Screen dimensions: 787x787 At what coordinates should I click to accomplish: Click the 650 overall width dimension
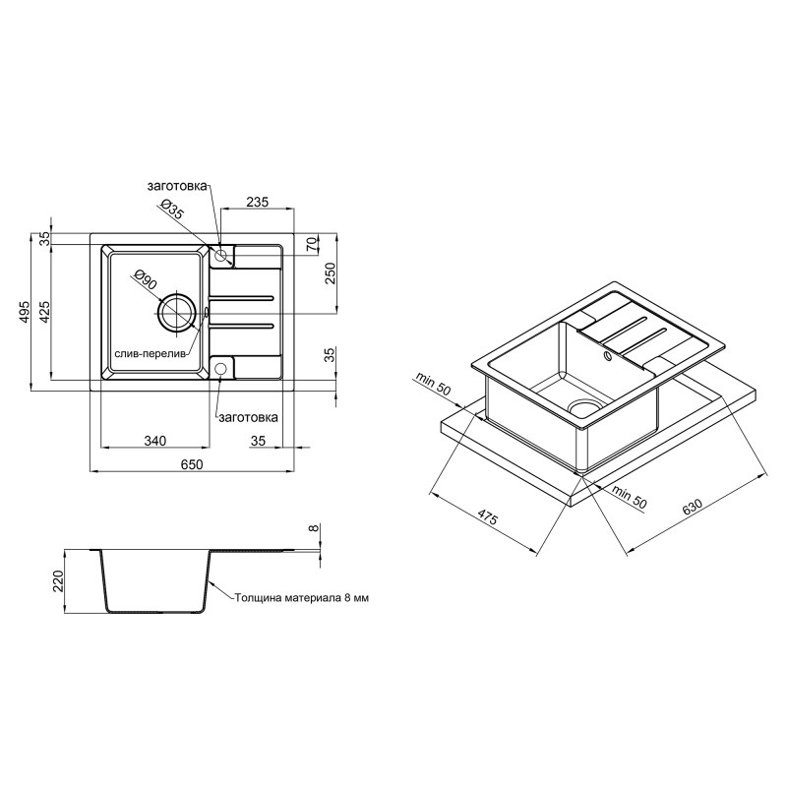click(192, 463)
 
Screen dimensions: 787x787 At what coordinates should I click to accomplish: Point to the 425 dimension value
click(45, 312)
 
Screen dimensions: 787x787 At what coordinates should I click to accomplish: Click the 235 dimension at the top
click(257, 202)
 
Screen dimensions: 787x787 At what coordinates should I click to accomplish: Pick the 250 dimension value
click(330, 273)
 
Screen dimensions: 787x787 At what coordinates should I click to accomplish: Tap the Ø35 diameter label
click(171, 211)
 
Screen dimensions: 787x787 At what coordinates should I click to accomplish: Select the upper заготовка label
click(176, 186)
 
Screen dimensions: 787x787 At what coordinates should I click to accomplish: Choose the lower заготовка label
click(249, 416)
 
